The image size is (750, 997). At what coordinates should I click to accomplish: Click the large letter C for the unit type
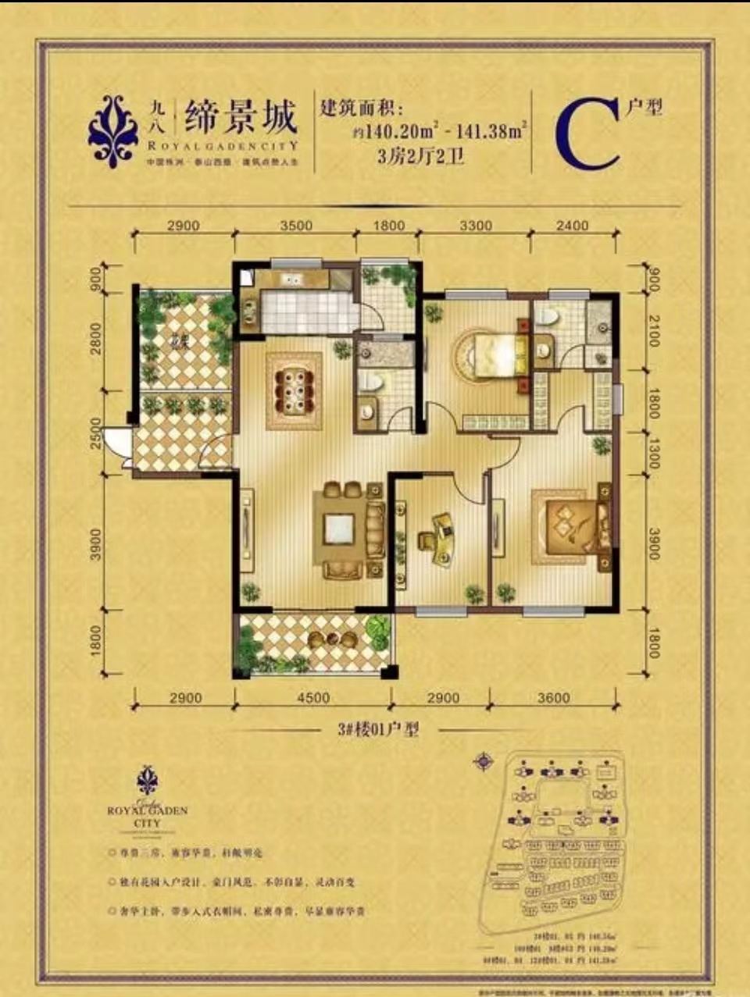pyautogui.click(x=587, y=134)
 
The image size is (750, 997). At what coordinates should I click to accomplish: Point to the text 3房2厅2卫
pyautogui.click(x=420, y=156)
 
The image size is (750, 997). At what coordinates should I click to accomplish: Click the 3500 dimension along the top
pyautogui.click(x=296, y=226)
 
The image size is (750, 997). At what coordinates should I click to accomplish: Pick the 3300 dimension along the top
pyautogui.click(x=475, y=226)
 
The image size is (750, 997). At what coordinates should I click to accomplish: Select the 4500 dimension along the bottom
pyautogui.click(x=312, y=697)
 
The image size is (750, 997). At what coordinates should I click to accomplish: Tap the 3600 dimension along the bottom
pyautogui.click(x=553, y=697)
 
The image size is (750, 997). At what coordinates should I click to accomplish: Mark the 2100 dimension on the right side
pyautogui.click(x=653, y=330)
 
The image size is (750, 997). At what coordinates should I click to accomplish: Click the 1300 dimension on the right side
pyautogui.click(x=653, y=454)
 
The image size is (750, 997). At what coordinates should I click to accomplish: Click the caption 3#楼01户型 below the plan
pyautogui.click(x=378, y=730)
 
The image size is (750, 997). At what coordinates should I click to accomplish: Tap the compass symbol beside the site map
pyautogui.click(x=484, y=760)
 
